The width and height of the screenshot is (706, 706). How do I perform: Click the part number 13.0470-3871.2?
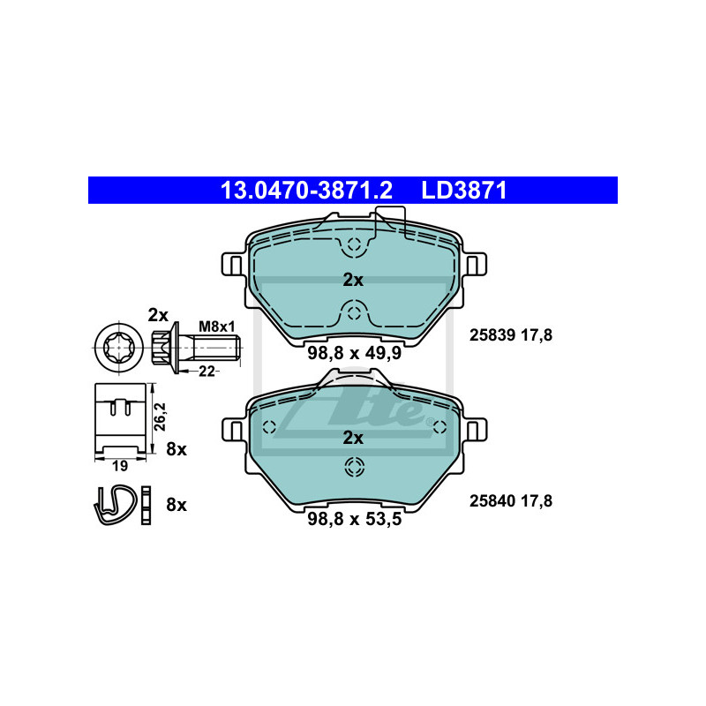coord(306,191)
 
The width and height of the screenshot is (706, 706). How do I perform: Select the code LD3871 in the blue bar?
coord(464,191)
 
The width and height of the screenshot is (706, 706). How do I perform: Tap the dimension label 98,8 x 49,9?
coord(355,353)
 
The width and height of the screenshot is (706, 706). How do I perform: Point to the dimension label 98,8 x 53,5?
coord(355,519)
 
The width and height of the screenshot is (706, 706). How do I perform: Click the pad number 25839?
coord(492,335)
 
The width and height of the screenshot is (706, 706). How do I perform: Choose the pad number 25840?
coord(492,500)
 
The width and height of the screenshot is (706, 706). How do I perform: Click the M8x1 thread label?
coord(217,327)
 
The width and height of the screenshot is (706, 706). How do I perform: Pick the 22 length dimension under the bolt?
coord(207,372)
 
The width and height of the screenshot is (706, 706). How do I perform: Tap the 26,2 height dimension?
coord(161,417)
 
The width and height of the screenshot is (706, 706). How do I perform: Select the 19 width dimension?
coord(120,466)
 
